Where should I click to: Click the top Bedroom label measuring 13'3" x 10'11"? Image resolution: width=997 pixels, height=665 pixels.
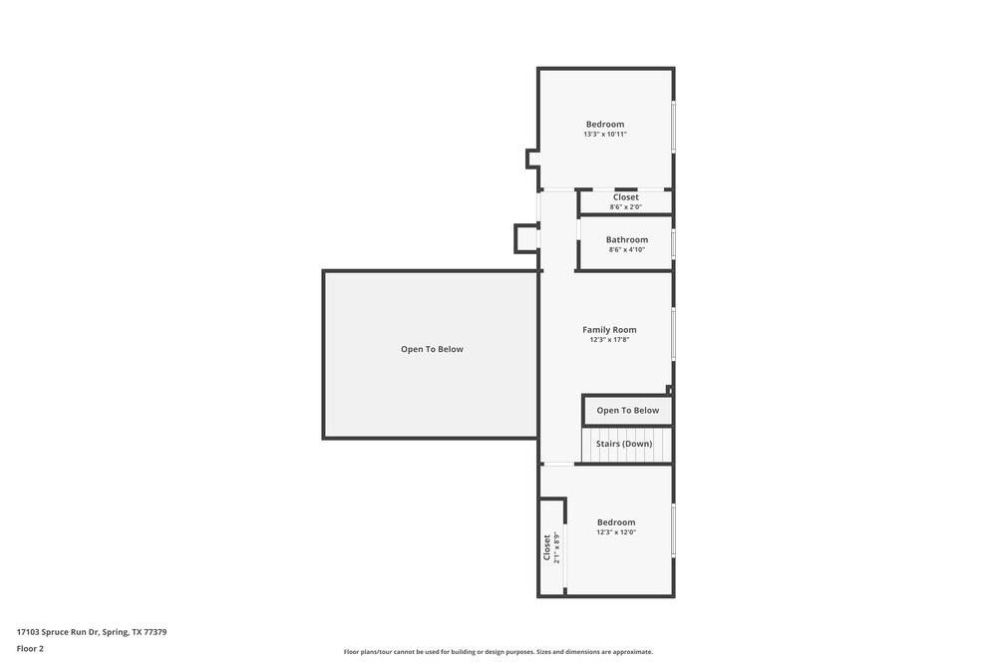(x=605, y=124)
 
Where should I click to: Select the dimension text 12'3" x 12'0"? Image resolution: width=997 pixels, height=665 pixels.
(x=616, y=532)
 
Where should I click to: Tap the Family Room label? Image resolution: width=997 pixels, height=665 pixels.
(x=609, y=329)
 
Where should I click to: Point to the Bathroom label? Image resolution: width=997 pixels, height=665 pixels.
(x=627, y=239)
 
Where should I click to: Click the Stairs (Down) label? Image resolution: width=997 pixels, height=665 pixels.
(x=624, y=444)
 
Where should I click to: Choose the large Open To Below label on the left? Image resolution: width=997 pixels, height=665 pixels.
(x=432, y=349)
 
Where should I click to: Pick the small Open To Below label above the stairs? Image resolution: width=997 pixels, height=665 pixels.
(x=628, y=410)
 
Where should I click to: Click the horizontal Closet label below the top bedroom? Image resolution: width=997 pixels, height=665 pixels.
(x=626, y=197)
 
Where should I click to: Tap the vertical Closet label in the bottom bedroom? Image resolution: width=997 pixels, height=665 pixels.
(x=546, y=546)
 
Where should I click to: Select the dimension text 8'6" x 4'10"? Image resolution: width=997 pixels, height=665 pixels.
(x=627, y=249)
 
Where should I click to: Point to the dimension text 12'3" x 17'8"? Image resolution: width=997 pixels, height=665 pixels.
(x=609, y=339)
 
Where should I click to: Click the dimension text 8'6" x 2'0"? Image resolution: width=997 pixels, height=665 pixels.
(x=626, y=207)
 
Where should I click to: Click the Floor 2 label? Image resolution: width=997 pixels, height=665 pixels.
(x=30, y=648)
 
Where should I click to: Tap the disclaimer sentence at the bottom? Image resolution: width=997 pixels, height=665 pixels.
(x=498, y=652)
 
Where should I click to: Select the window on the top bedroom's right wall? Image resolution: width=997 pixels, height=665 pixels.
(x=673, y=127)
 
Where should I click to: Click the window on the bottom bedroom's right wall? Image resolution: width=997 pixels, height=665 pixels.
(x=673, y=530)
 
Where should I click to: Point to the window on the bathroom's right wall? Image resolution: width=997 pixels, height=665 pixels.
(x=673, y=243)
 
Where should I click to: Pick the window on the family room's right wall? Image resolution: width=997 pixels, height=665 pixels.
(x=673, y=334)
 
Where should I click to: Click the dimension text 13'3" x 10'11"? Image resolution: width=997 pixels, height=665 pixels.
(x=605, y=135)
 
